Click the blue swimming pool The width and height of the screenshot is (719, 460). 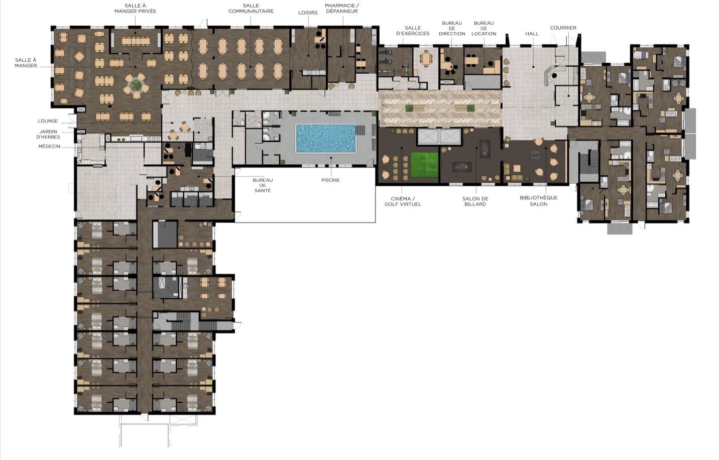click(x=325, y=139)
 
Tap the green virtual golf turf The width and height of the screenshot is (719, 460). click(x=424, y=165)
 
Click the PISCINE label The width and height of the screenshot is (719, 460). click(x=330, y=180)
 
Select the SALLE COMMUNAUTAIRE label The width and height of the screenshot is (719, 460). click(x=251, y=9)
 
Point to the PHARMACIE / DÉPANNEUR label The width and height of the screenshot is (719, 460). click(x=342, y=9)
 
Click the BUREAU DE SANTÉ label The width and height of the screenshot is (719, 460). click(x=263, y=185)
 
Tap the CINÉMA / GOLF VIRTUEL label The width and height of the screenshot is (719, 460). click(x=403, y=201)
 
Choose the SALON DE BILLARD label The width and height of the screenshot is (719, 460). click(x=475, y=201)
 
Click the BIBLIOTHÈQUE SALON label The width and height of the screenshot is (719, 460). click(x=538, y=201)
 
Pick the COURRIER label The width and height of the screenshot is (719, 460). click(x=563, y=28)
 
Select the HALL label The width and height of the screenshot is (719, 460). click(x=532, y=34)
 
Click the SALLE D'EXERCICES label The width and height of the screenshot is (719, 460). click(x=413, y=31)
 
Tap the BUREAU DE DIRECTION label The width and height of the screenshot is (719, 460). click(x=452, y=28)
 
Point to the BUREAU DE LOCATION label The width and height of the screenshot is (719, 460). click(x=484, y=28)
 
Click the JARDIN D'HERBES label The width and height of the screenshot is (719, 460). click(x=48, y=134)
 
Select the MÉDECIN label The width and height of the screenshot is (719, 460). click(x=49, y=146)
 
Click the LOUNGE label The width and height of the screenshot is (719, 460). click(x=48, y=121)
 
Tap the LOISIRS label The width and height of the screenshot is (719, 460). click(x=308, y=13)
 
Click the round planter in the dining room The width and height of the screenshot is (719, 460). click(x=137, y=85)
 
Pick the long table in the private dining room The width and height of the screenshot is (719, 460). click(x=136, y=41)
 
